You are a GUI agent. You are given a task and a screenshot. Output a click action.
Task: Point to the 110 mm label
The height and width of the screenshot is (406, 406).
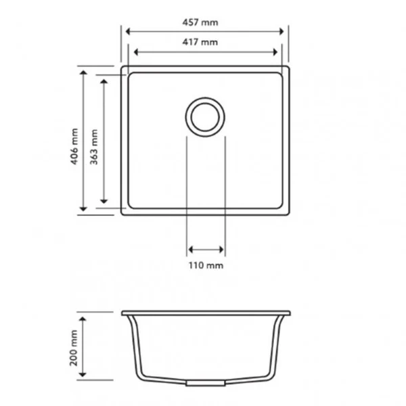click(x=206, y=265)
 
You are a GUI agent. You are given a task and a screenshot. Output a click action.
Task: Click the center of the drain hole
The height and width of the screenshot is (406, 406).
click(x=204, y=116)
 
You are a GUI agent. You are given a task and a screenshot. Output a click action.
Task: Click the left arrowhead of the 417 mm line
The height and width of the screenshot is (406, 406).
click(x=137, y=51)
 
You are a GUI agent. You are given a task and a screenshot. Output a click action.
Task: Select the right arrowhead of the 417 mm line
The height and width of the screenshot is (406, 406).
click(x=275, y=51)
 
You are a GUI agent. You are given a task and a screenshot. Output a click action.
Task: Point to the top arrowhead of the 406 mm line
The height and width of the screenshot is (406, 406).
click(x=83, y=71)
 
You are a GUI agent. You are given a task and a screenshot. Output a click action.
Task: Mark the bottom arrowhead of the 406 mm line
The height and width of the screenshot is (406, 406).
click(x=83, y=210)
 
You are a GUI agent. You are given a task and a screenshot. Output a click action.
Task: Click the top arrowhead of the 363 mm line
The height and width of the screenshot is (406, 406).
click(x=104, y=81)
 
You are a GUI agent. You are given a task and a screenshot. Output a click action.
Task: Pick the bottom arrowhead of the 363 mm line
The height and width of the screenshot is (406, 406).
click(x=104, y=201)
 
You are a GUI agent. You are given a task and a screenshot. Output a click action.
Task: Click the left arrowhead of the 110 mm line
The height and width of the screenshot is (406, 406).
click(x=190, y=249)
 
